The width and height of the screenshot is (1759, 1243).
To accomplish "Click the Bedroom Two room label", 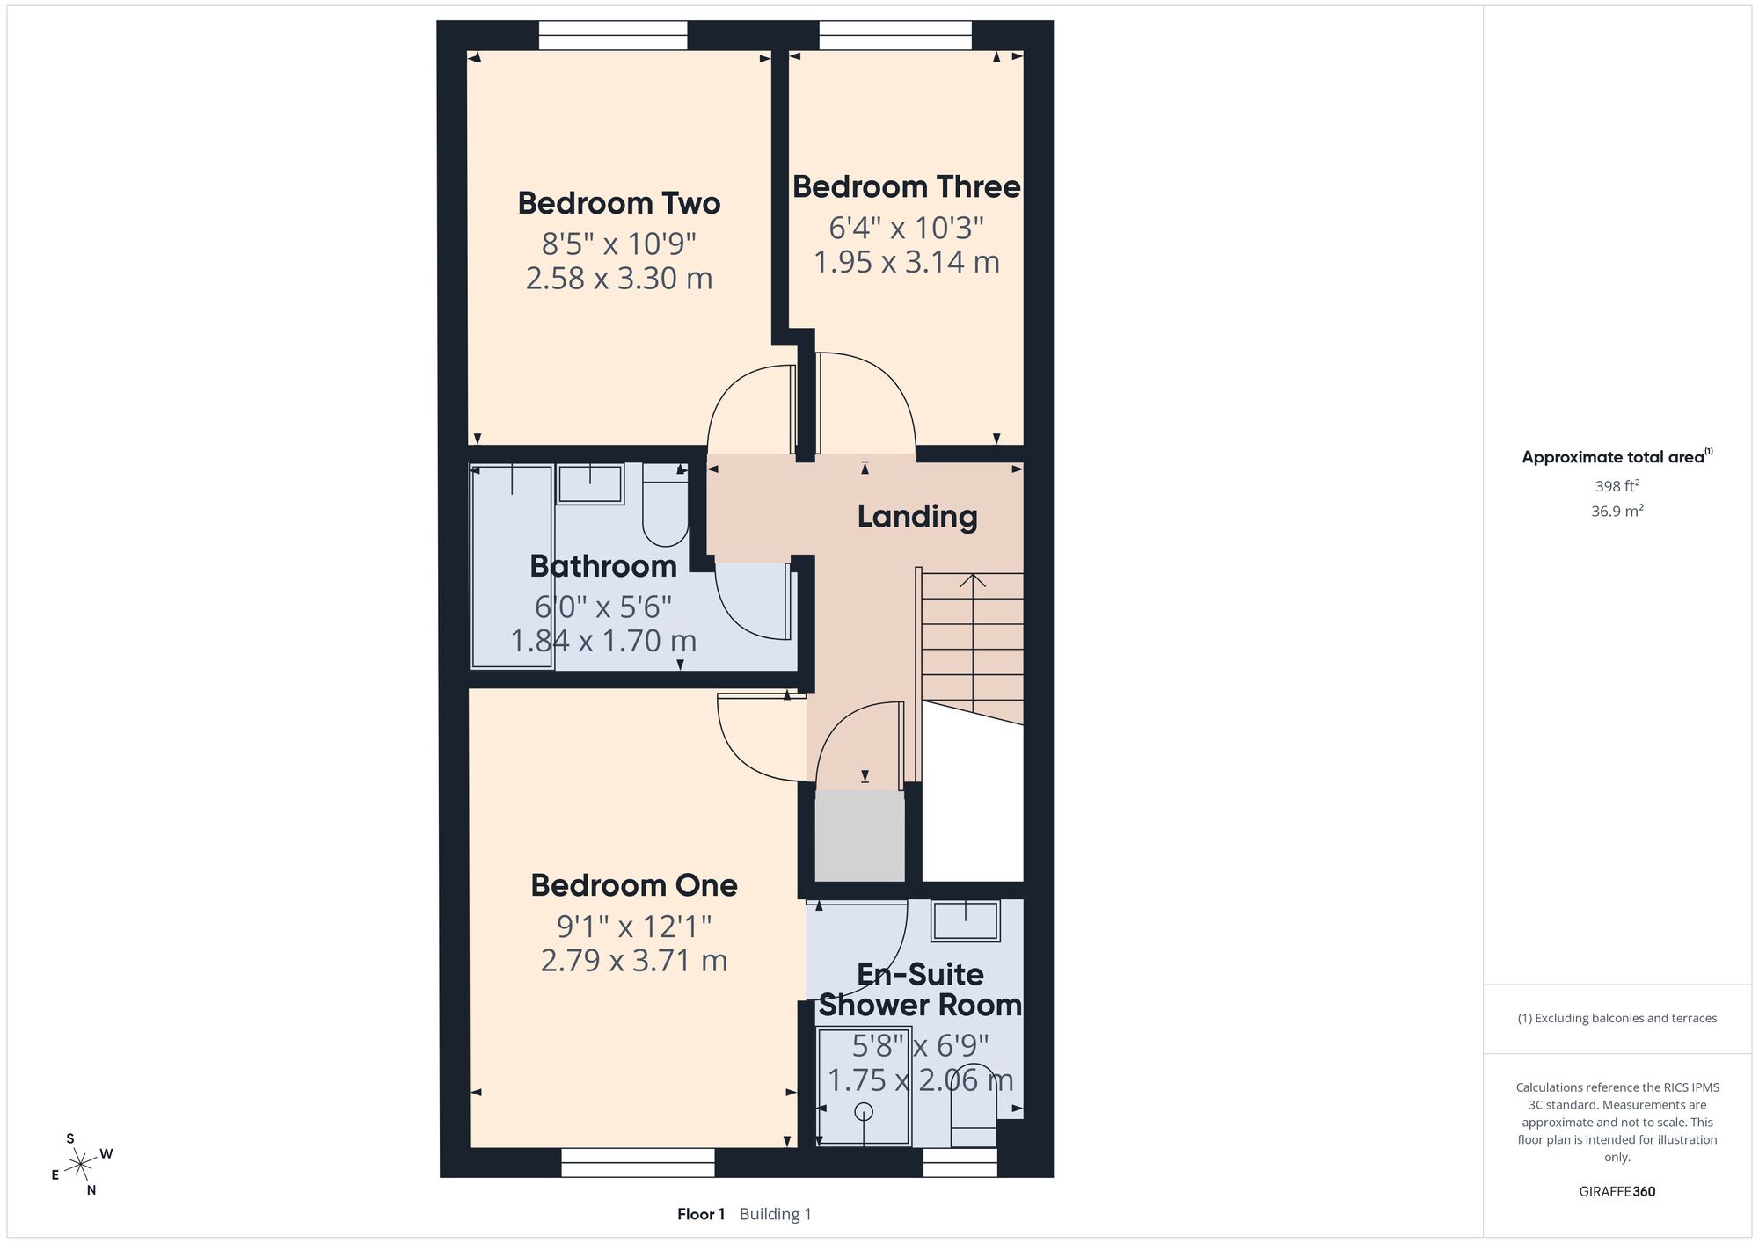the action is (x=619, y=203).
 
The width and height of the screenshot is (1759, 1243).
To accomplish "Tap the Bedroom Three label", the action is (x=907, y=186).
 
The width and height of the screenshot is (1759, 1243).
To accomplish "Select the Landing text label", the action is (x=917, y=517).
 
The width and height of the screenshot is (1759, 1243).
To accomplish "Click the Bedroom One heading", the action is (x=634, y=885).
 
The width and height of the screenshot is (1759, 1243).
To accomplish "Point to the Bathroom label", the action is (x=603, y=566).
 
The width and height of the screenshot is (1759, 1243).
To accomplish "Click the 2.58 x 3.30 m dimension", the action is (x=619, y=279).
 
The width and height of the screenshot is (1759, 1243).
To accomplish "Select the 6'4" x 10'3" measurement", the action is (x=907, y=229).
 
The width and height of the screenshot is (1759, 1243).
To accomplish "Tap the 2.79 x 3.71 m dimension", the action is (x=634, y=961).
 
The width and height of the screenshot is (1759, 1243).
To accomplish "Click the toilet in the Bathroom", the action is (x=665, y=505).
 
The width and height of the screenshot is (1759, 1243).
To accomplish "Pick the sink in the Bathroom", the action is (x=590, y=484).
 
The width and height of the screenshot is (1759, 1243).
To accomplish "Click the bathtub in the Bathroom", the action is (x=512, y=566).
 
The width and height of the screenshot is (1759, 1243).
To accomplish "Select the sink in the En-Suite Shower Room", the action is (x=966, y=920).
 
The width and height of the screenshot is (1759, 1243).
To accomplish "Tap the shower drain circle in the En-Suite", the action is (x=865, y=1111).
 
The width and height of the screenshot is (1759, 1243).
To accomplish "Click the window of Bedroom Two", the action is (x=613, y=36).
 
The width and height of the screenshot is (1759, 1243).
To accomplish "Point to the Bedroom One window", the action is (x=638, y=1162).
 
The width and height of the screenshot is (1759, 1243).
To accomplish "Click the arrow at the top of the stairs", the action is (x=973, y=581).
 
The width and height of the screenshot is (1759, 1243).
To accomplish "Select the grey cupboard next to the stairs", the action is (x=859, y=836).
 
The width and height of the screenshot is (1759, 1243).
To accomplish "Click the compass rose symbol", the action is (x=81, y=1166).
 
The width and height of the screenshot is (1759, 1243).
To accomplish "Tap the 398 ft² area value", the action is (x=1617, y=486).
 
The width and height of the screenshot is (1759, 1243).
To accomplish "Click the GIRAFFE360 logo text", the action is (x=1617, y=1192).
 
